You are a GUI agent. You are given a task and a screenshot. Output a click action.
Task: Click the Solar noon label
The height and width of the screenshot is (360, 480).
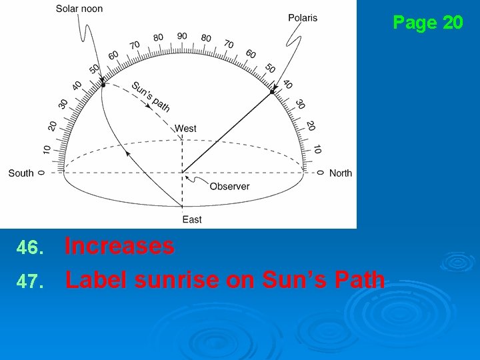(79, 9)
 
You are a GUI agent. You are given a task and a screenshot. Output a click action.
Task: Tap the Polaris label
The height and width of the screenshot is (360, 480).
(303, 17)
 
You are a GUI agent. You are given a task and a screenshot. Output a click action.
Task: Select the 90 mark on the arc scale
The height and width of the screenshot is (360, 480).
(182, 36)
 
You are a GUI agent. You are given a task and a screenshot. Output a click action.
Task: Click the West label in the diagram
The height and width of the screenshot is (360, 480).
(185, 128)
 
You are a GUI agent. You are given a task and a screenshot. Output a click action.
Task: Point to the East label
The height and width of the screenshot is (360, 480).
(192, 219)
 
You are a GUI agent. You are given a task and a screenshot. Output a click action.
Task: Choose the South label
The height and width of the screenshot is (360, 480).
(21, 173)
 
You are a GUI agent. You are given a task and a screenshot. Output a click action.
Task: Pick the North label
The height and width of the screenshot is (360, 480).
(341, 173)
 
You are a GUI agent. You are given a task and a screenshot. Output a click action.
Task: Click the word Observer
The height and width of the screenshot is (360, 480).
(229, 187)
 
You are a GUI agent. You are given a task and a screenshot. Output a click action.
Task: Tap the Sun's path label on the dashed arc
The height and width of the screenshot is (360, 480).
(151, 96)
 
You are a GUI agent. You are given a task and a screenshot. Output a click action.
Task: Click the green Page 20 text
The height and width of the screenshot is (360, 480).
(427, 23)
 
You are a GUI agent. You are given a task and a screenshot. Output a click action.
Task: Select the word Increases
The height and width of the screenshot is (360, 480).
(119, 247)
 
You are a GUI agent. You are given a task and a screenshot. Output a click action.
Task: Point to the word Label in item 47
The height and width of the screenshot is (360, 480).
(97, 280)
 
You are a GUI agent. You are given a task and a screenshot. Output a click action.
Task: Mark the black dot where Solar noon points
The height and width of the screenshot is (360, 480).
(103, 85)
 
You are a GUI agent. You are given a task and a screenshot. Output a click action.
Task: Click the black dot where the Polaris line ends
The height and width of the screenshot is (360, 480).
(273, 92)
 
